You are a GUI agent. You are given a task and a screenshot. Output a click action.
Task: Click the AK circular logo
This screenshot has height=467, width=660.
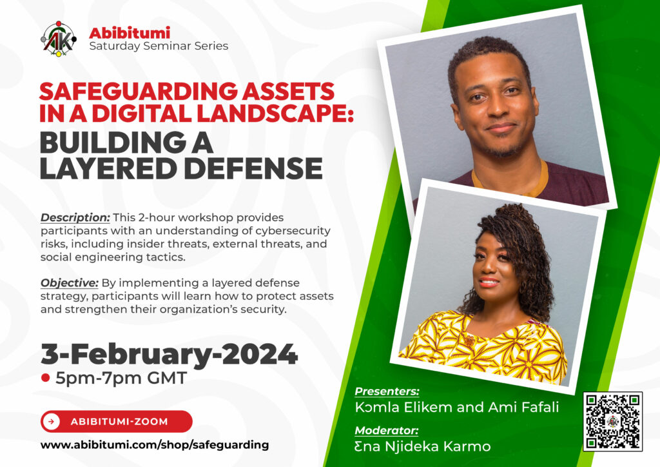click(59, 39)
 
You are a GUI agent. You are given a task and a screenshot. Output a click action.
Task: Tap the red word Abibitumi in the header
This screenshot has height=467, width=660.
click(130, 32)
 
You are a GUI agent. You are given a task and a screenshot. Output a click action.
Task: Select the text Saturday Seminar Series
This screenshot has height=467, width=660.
click(159, 46)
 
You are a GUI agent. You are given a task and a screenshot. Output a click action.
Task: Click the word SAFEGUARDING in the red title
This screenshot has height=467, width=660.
click(139, 92)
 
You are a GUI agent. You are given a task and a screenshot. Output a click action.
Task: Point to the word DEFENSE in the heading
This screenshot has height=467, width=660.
click(253, 168)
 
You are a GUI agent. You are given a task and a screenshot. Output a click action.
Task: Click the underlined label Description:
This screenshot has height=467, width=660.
click(75, 218)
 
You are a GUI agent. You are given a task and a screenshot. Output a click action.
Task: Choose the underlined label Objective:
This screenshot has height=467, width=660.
click(70, 283)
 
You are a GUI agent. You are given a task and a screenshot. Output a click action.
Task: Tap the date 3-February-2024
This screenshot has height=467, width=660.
click(170, 354)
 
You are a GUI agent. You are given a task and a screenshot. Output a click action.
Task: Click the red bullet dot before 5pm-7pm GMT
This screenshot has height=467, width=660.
click(46, 378)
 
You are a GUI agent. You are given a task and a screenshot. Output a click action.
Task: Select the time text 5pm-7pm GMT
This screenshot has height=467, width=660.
click(121, 378)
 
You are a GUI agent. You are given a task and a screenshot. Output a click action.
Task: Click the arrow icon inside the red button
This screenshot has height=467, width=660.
click(52, 421)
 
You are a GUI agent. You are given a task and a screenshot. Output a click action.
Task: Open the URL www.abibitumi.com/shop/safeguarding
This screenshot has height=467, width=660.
click(155, 445)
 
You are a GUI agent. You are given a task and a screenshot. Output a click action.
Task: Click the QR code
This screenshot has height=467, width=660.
click(613, 421)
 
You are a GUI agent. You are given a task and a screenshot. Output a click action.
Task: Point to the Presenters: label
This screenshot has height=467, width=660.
click(387, 391)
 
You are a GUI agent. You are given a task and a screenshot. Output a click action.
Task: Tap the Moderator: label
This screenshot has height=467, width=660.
click(387, 430)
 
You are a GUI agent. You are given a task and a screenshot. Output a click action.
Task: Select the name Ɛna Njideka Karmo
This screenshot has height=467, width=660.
click(423, 446)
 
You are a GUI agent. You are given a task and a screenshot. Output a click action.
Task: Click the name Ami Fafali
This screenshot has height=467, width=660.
click(523, 407)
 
